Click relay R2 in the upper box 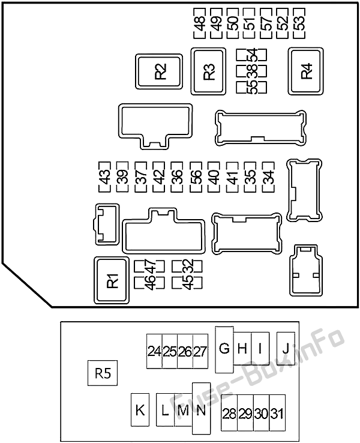pos(159,71)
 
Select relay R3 pos(208,71)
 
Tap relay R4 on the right pos(306,71)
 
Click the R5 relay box pos(103,373)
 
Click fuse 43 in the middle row pos(104,177)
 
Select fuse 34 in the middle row pos(268,177)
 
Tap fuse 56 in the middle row pos(196,177)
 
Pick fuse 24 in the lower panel pos(154,352)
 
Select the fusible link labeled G pos(224,348)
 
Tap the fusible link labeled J pos(286,348)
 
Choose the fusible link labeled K pos(140,410)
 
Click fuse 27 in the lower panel pos(200,352)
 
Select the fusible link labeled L pos(165,410)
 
